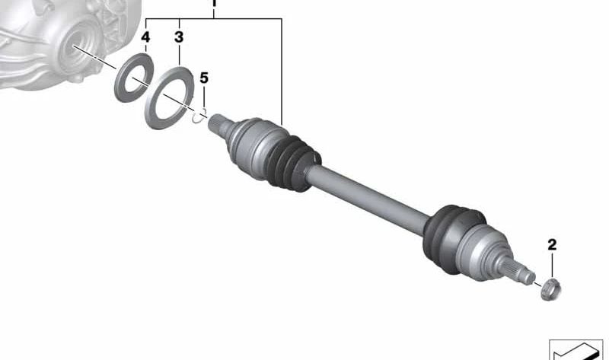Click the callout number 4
pyautogui.click(x=145, y=37)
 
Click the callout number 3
pyautogui.click(x=179, y=37)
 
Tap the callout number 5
pyautogui.click(x=204, y=78)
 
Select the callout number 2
pyautogui.click(x=552, y=244)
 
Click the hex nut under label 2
pyautogui.click(x=551, y=289)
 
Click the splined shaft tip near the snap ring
pyautogui.click(x=218, y=124)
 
